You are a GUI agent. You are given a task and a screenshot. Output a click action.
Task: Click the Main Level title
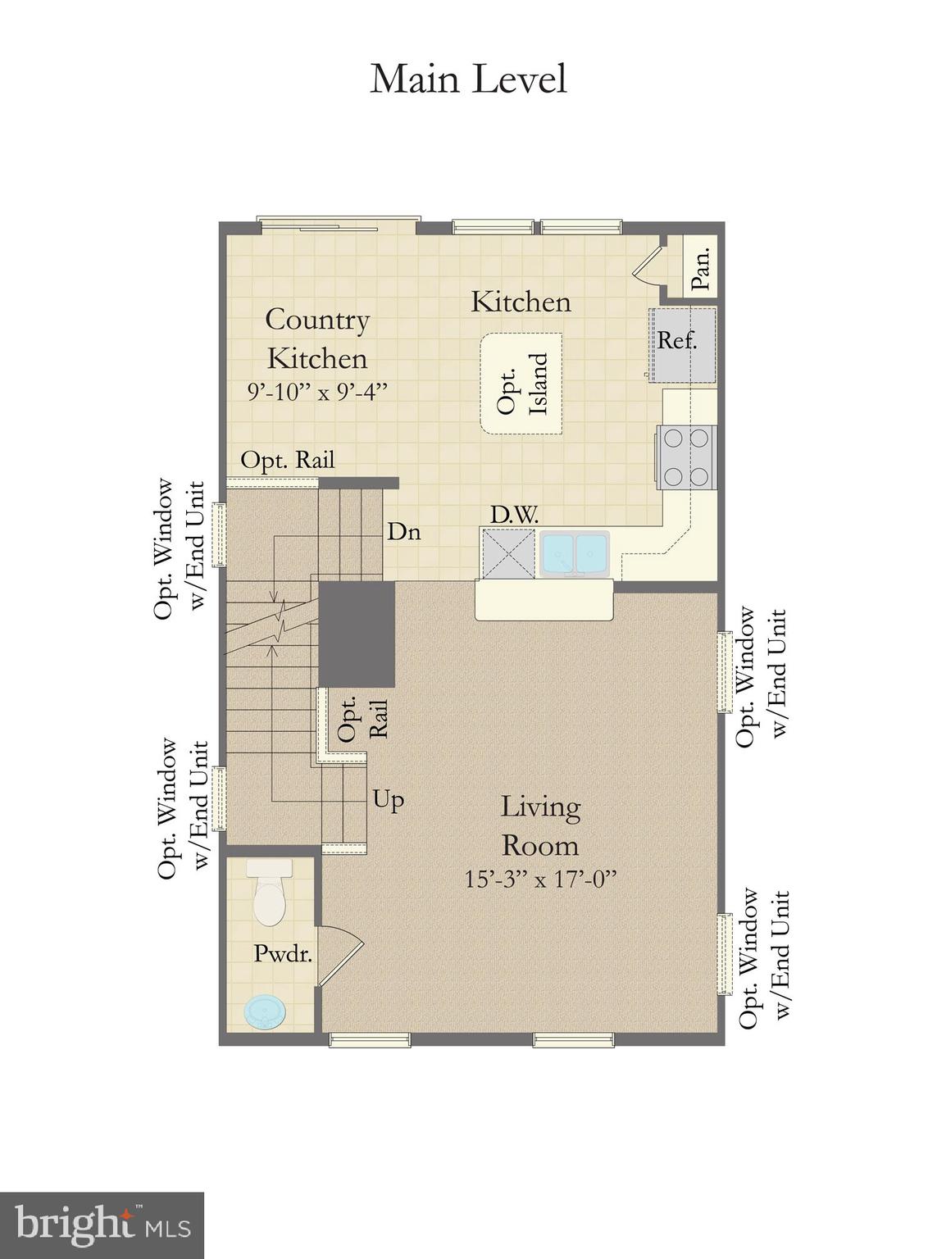468,80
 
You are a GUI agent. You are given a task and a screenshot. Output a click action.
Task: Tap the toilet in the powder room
269,895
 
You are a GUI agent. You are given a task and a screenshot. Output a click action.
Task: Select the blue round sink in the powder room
267,1011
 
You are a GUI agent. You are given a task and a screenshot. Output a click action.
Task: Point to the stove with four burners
686,457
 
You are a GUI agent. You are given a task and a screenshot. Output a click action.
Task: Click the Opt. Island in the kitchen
521,384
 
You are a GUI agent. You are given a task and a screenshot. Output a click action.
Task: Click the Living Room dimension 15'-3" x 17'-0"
540,879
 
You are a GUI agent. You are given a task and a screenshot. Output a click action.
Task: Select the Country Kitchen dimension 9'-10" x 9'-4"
317,392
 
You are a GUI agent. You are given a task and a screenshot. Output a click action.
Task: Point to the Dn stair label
404,532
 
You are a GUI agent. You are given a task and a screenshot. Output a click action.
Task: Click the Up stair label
389,798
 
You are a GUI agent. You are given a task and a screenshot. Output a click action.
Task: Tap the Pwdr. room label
283,953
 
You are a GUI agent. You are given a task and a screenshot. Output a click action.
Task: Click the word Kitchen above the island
521,302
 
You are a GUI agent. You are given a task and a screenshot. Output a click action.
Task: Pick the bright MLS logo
102,1225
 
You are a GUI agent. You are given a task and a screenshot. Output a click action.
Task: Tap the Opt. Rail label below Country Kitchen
288,461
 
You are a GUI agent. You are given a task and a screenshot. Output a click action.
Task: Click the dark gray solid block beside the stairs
357,634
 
